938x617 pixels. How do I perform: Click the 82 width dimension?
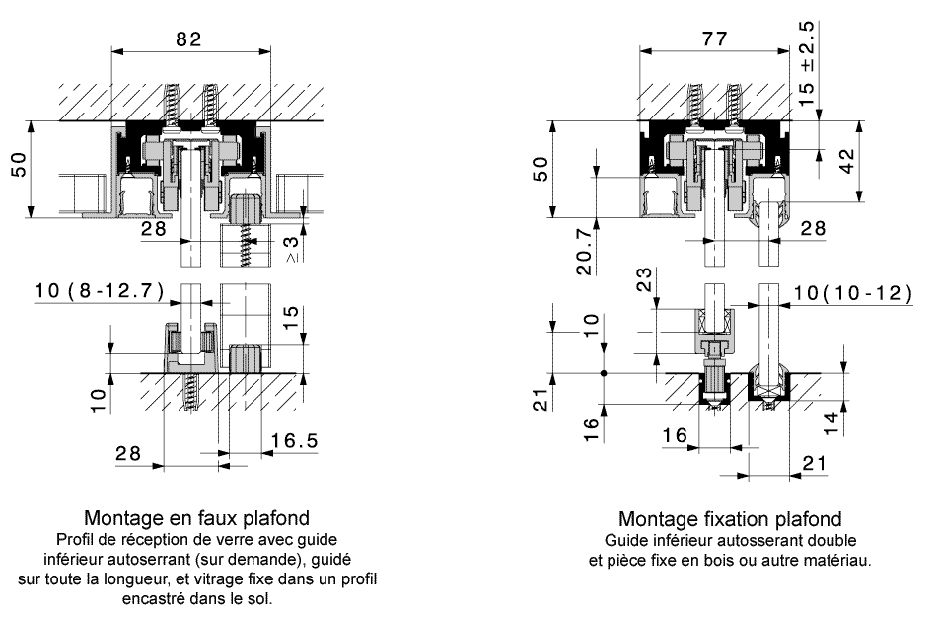coord(189,39)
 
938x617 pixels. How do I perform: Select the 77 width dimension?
coord(713,39)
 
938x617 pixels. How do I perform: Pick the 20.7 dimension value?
coord(584,260)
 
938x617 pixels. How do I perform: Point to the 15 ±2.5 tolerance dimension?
coord(808,59)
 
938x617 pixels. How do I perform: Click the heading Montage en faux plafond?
coord(197,517)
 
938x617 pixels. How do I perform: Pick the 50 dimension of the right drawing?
coord(540,170)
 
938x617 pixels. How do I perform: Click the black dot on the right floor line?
coord(603,373)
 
